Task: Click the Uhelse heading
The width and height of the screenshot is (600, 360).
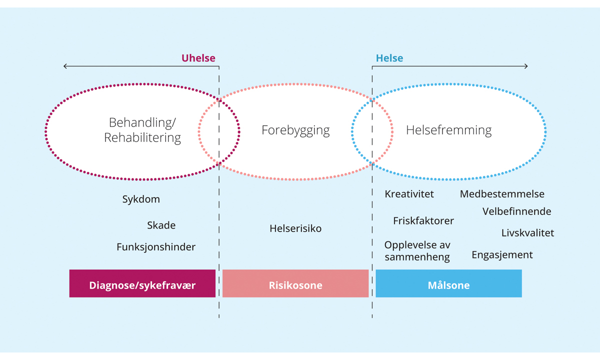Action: point(198,58)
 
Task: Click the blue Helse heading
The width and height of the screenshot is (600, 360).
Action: point(389,58)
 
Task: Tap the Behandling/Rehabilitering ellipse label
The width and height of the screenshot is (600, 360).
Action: point(142,130)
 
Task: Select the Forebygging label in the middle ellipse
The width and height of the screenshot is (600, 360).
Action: point(295,130)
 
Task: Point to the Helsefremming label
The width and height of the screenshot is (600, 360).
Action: point(448,130)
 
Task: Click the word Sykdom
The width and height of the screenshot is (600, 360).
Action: point(141,199)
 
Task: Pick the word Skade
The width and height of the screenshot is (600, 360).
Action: point(161,225)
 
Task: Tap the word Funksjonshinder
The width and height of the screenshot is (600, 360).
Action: point(156,247)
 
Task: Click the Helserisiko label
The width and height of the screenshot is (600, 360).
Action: point(295,228)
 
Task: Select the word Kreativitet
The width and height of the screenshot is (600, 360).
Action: point(409,194)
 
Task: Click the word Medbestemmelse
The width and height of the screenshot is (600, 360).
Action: point(502,194)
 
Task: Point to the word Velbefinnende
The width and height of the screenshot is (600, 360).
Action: point(516,211)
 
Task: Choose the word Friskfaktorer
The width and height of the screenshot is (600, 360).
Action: point(423,220)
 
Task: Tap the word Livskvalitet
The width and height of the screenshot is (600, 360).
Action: point(527,233)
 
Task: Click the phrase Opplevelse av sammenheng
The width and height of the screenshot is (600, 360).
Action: point(417,251)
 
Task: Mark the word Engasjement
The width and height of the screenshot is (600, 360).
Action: point(502,255)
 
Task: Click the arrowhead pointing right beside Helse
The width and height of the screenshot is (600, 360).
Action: point(525,66)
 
